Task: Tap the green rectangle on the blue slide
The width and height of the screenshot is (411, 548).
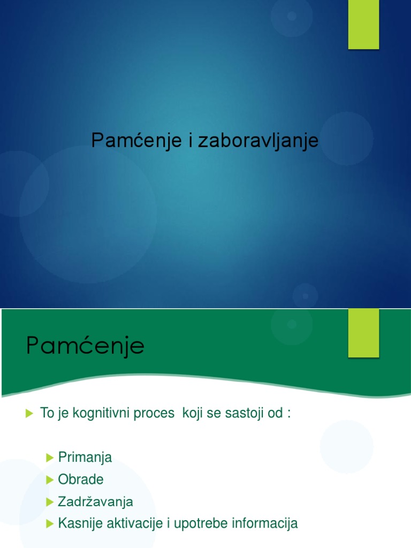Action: (363, 25)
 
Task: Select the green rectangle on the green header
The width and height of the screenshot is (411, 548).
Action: (363, 333)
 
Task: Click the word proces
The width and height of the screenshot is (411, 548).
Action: (157, 414)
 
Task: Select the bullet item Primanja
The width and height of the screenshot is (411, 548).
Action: (85, 458)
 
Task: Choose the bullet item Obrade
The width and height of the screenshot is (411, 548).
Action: (80, 479)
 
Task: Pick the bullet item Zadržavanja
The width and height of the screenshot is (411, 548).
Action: (95, 502)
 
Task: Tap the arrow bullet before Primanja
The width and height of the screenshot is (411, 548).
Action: (50, 458)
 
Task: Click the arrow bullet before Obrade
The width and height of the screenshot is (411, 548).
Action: (50, 479)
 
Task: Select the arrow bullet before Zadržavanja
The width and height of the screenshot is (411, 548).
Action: (50, 502)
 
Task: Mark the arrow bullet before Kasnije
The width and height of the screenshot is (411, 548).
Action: (50, 523)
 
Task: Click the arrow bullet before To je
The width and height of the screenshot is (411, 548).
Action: (29, 414)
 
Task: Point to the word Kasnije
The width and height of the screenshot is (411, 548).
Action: (77, 523)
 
